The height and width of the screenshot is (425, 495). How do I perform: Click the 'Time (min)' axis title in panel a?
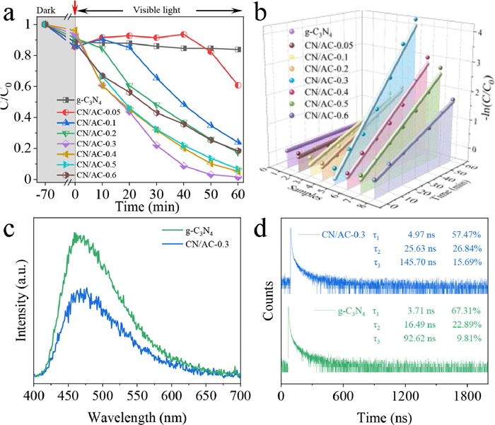pos(141,207)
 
